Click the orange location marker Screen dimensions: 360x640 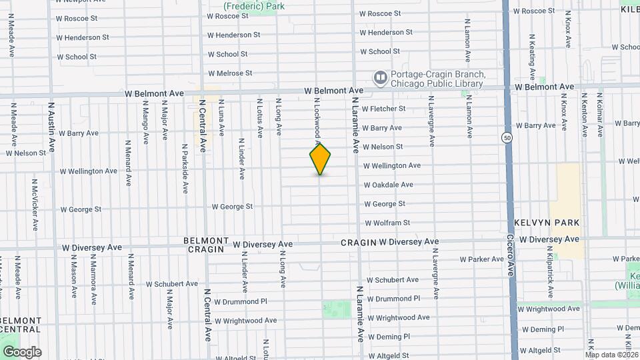point(320,159)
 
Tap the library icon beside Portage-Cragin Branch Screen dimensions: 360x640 point(380,79)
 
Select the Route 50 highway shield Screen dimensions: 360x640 point(508,137)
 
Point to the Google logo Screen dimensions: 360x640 point(22,351)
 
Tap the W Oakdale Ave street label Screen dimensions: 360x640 point(397,185)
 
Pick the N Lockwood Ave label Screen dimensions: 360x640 point(318,120)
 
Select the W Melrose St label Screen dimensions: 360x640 point(230,73)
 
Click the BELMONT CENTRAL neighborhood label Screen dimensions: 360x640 point(20,325)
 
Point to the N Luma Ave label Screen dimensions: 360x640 point(221,118)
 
